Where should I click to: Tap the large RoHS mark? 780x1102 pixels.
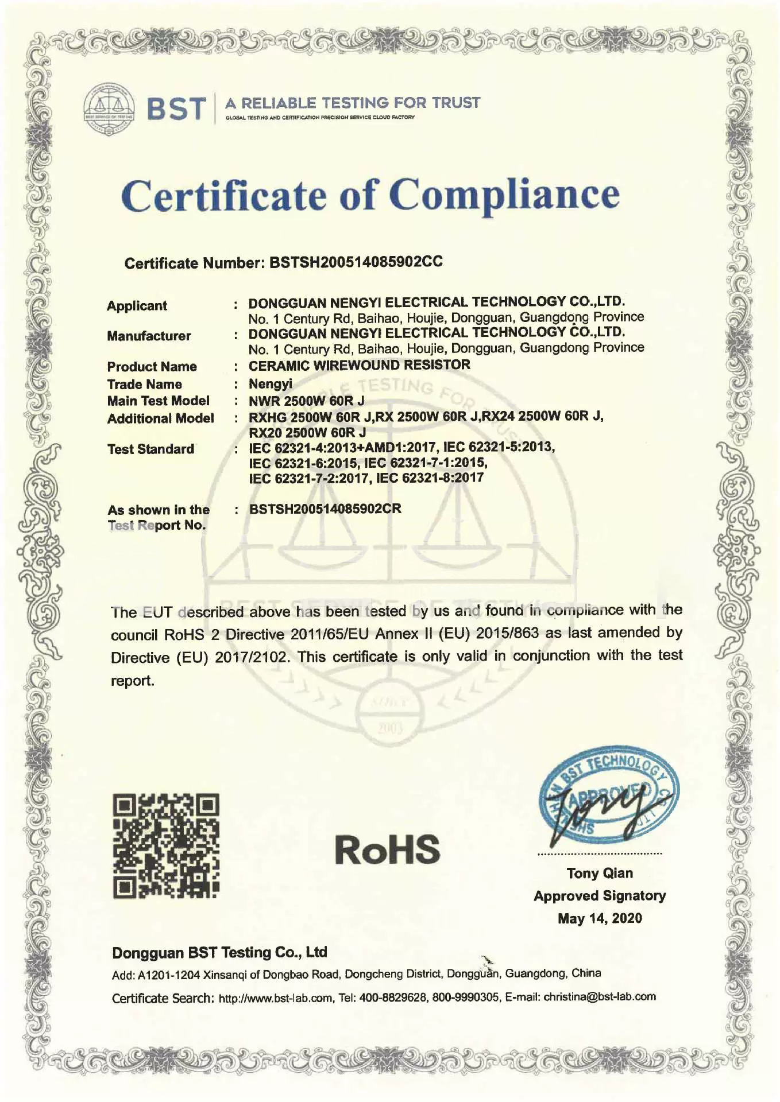coord(388,849)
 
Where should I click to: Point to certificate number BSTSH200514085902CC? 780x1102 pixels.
coord(356,262)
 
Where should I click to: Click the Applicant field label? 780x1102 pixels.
coord(137,306)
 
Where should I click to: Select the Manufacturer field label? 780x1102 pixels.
coord(149,336)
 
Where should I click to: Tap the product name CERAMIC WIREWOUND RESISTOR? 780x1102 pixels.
coord(360,365)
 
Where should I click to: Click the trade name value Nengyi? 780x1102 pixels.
coord(271,384)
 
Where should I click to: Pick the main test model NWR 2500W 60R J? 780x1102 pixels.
coord(307,401)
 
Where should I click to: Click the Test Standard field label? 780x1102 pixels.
coord(150,449)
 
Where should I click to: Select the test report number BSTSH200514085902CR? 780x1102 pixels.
coord(325,509)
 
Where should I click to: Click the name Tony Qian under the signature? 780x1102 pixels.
coord(600,873)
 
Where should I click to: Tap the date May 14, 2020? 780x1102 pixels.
coord(600,918)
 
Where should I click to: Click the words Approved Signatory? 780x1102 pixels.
coord(600,896)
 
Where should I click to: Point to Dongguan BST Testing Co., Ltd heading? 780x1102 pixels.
coord(219,953)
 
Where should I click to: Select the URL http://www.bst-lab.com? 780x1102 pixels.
coord(276,998)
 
